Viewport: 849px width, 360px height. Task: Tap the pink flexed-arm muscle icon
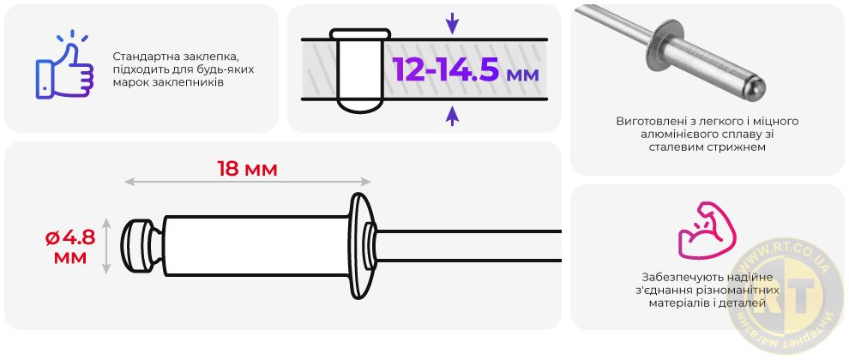(x=707, y=230)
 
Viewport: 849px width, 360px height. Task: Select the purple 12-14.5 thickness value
(x=445, y=69)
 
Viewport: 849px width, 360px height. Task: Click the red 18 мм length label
(x=248, y=169)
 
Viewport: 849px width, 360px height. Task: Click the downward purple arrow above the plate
(x=452, y=24)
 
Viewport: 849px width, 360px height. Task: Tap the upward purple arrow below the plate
(x=452, y=116)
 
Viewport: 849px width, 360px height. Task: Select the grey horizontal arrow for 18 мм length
(x=248, y=182)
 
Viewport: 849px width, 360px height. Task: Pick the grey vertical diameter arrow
(x=106, y=246)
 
